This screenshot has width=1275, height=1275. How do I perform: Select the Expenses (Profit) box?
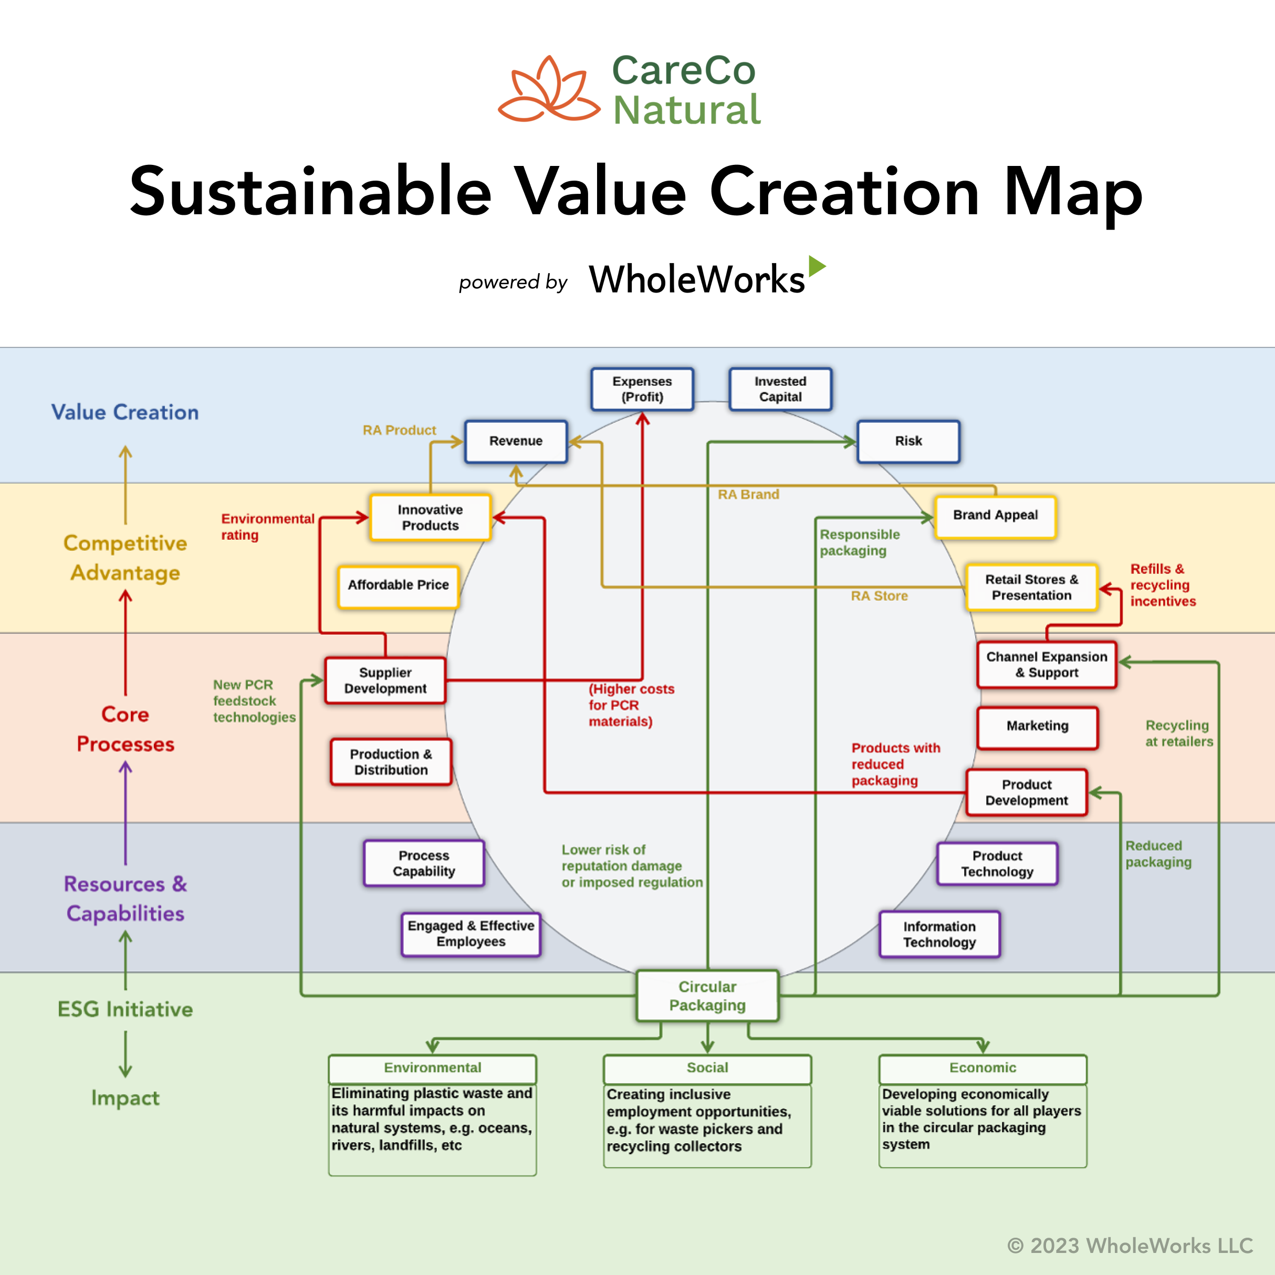pyautogui.click(x=642, y=389)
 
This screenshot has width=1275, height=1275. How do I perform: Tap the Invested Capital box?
pyautogui.click(x=780, y=389)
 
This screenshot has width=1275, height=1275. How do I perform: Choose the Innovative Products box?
pyautogui.click(x=430, y=517)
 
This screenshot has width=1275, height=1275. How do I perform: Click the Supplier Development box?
pyautogui.click(x=385, y=681)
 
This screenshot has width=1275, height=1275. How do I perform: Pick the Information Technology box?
pyautogui.click(x=939, y=935)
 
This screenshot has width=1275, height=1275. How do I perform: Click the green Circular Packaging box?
pyautogui.click(x=707, y=996)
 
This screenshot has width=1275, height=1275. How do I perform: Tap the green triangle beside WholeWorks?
pyautogui.click(x=817, y=266)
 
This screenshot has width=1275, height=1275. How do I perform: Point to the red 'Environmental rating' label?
pyautogui.click(x=268, y=527)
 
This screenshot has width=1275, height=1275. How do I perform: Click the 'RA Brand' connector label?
pyautogui.click(x=748, y=494)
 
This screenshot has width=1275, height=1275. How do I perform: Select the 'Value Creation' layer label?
pyautogui.click(x=126, y=412)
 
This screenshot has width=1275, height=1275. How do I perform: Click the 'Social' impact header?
pyautogui.click(x=707, y=1068)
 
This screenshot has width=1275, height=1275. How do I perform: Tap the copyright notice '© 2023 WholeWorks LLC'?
pyautogui.click(x=1130, y=1246)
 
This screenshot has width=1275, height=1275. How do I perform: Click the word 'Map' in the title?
pyautogui.click(x=1074, y=193)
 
